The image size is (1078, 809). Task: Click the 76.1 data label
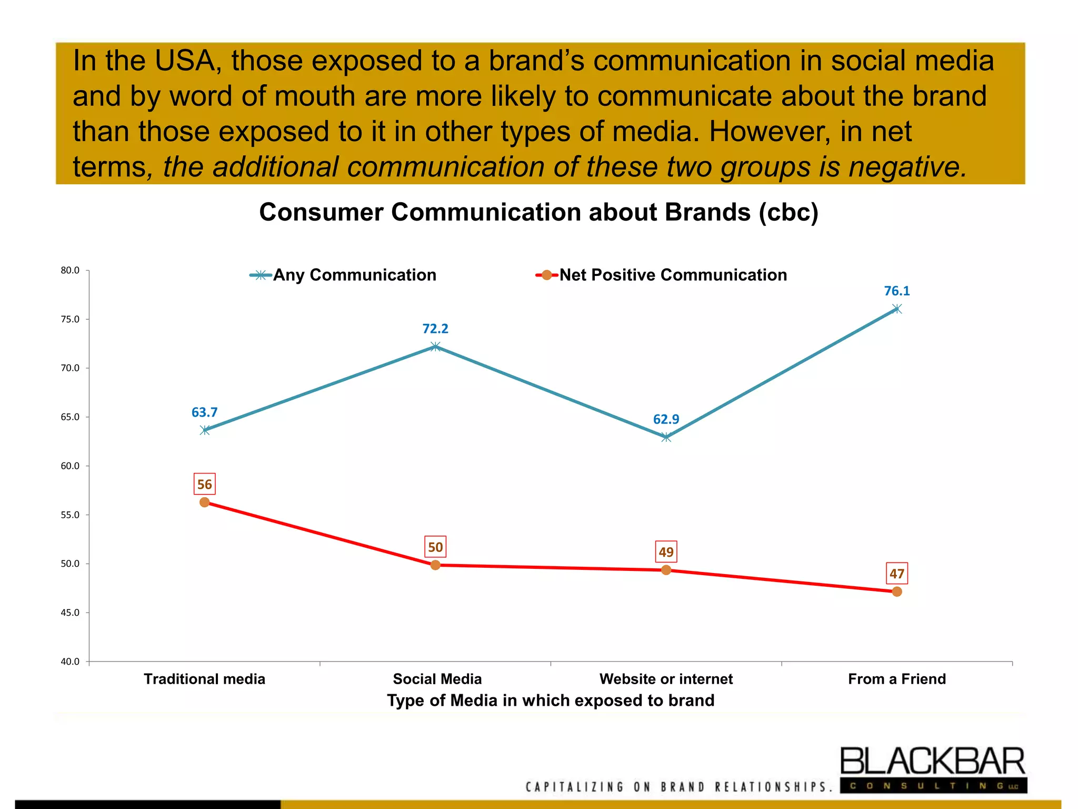[896, 291]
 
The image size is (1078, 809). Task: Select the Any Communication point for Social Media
[435, 347]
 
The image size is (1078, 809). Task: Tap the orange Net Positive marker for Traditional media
[204, 502]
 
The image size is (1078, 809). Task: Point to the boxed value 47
[896, 574]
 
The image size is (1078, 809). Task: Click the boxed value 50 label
[435, 547]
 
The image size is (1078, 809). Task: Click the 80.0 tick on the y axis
[70, 270]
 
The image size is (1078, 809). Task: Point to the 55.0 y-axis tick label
[70, 515]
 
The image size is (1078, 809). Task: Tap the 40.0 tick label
[70, 662]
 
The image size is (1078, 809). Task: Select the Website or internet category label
[666, 679]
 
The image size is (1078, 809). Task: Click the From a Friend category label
[896, 679]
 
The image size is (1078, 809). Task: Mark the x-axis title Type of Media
[551, 701]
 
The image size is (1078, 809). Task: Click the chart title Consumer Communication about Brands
[538, 212]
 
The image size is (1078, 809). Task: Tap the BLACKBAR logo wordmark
[932, 762]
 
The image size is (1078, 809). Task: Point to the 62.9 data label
[666, 419]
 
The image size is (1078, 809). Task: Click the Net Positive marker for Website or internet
[666, 570]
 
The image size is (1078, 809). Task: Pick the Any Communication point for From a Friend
[896, 309]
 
